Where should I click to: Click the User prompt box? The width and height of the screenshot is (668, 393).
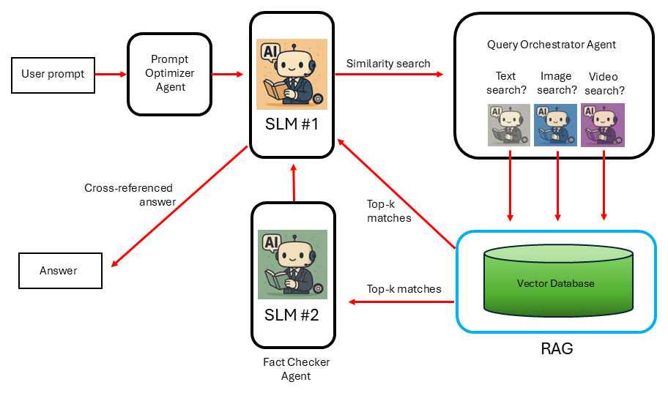53,74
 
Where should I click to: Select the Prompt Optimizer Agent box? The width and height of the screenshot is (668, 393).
170,73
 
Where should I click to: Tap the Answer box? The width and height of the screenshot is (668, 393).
59,271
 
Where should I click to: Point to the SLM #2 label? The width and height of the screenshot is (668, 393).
292,315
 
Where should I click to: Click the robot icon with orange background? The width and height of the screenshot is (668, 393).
292,74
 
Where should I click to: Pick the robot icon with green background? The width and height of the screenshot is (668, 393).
292,265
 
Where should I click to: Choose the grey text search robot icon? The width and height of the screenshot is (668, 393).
508,124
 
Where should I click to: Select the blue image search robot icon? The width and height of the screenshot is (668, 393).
556,124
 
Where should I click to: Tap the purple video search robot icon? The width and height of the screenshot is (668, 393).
603,124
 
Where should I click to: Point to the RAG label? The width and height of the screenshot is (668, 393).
557,348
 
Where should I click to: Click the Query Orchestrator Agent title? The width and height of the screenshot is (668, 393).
552,45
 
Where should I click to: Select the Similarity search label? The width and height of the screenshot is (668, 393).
388,64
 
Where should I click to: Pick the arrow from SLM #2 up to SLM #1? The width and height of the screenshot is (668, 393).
294,182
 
